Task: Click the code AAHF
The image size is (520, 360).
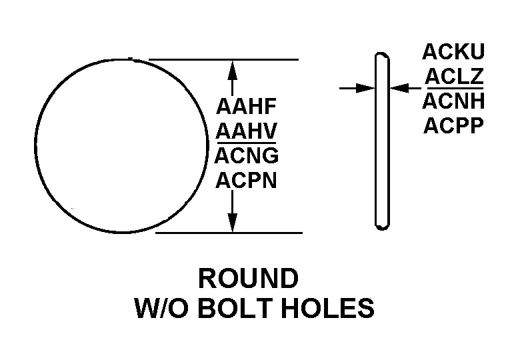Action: [x=246, y=107]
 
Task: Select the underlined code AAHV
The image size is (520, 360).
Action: [x=246, y=131]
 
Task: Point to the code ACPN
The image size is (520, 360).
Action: [x=246, y=180]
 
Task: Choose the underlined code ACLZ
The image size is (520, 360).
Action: [x=453, y=77]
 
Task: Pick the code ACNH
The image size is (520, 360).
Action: [x=453, y=101]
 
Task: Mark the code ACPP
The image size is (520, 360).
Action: [x=453, y=125]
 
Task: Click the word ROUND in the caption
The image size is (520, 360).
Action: [x=249, y=278]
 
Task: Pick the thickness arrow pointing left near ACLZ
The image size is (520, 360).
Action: [x=397, y=87]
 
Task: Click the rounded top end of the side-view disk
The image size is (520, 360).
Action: [x=381, y=56]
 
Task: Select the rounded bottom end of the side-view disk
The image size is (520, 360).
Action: [x=381, y=226]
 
